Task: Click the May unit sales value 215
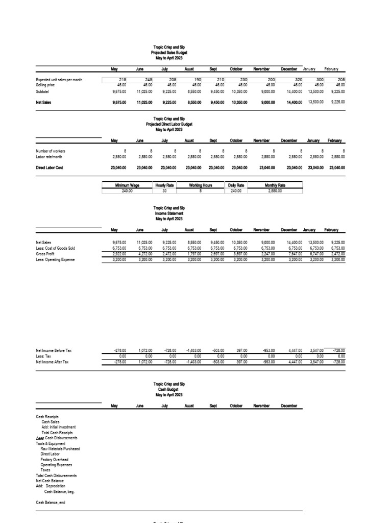click(x=122, y=80)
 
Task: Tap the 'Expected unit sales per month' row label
click(x=59, y=80)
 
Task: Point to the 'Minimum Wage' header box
click(x=120, y=185)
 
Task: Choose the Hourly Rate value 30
click(x=164, y=191)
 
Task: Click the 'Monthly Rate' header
click(x=275, y=185)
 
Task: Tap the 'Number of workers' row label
click(x=51, y=151)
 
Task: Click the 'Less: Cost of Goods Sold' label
click(x=55, y=248)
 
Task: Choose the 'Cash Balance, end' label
click(x=51, y=503)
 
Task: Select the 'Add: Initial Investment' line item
click(x=58, y=427)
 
